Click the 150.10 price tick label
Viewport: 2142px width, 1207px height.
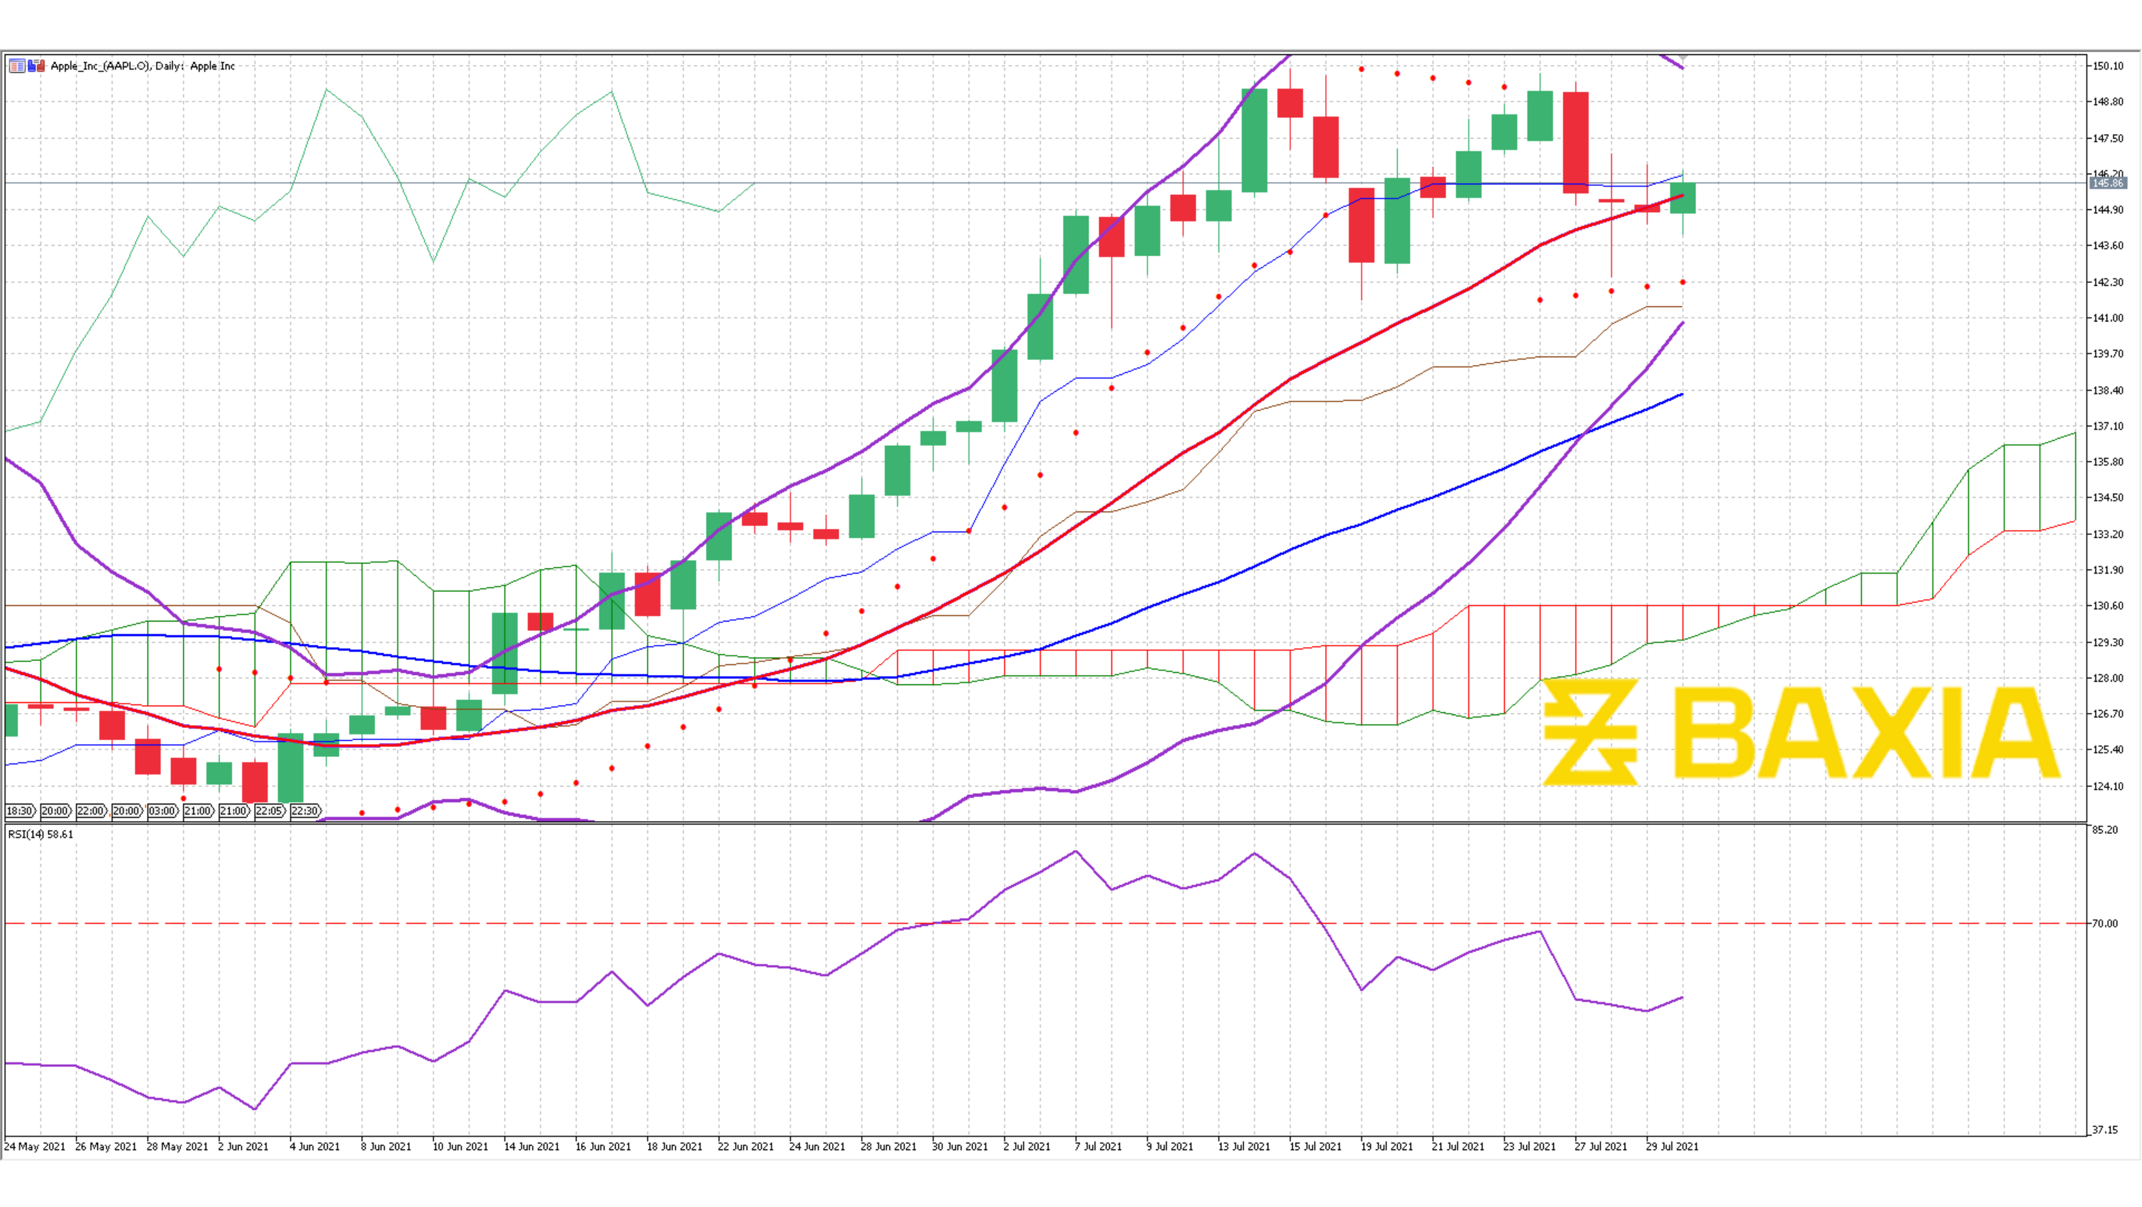click(x=2108, y=66)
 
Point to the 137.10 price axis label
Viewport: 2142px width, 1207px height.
click(x=2108, y=426)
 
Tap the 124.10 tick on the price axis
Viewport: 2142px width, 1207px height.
click(x=2108, y=786)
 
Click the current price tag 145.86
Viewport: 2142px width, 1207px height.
click(x=2108, y=183)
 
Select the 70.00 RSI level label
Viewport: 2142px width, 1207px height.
click(x=2105, y=924)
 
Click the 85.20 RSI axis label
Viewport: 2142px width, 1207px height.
click(x=2105, y=829)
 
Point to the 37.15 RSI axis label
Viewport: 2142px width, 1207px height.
click(x=2105, y=1129)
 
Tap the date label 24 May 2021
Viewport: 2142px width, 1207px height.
click(x=35, y=1146)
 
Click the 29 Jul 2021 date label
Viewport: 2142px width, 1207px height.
click(x=1672, y=1146)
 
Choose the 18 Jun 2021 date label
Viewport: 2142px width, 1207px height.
click(x=674, y=1146)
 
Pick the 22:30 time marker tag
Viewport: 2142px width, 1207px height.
click(x=305, y=811)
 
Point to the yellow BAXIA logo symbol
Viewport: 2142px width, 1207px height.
click(x=1590, y=732)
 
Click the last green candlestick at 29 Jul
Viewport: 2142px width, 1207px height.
click(x=1683, y=198)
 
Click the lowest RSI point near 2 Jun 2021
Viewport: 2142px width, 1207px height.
click(x=254, y=1109)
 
